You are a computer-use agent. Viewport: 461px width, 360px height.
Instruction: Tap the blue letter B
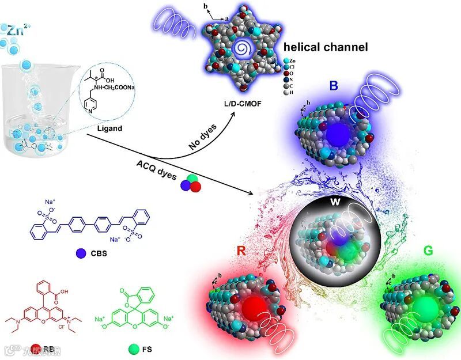[x=333, y=86]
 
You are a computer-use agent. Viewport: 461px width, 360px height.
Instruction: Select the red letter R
[x=242, y=251]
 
